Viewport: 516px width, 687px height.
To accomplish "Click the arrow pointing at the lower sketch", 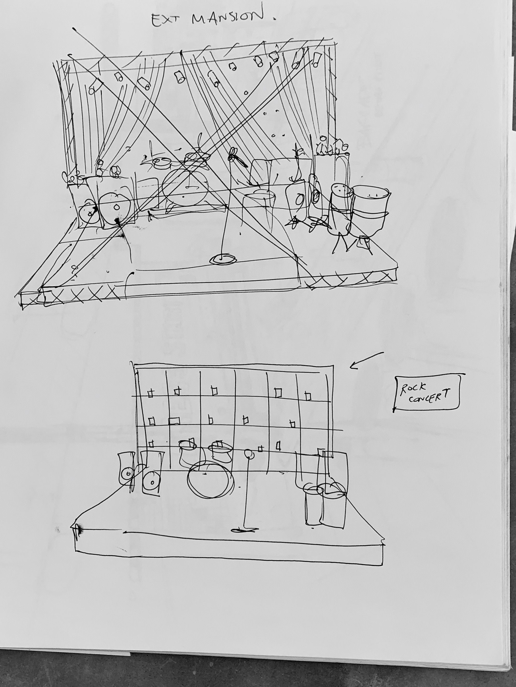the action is tap(367, 360).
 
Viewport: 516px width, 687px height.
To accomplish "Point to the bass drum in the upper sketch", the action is tap(185, 187).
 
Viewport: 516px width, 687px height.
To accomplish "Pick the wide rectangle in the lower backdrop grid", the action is tap(174, 421).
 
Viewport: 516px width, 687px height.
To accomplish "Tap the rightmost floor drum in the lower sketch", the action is tap(333, 506).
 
